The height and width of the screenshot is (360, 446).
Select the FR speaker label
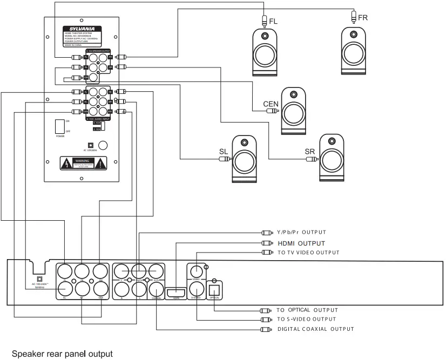tap(363, 18)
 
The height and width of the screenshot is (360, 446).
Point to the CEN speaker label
tap(271, 103)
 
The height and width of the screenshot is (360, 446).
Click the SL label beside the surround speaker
tap(224, 152)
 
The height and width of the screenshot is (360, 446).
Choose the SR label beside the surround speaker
tap(309, 152)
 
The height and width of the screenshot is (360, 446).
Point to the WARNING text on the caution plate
tap(82, 161)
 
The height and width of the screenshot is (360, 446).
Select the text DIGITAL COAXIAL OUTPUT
tap(315, 329)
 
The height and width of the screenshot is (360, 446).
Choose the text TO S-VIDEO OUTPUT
tap(306, 320)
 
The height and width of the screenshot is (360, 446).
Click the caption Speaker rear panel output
tap(63, 355)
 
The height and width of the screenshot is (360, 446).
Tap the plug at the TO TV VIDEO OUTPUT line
tap(265, 253)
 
